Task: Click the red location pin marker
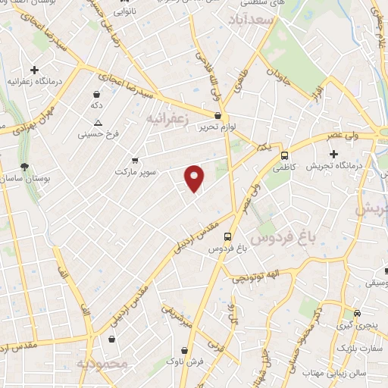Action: (195, 177)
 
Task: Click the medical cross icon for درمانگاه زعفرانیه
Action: (34, 70)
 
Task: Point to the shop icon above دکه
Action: (96, 95)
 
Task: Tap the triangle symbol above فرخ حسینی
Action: (96, 122)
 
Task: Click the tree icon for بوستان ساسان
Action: (25, 167)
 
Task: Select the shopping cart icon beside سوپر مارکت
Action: (135, 160)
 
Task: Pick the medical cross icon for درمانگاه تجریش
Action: (333, 154)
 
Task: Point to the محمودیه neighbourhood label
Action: (99, 365)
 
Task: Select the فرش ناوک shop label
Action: (182, 361)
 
